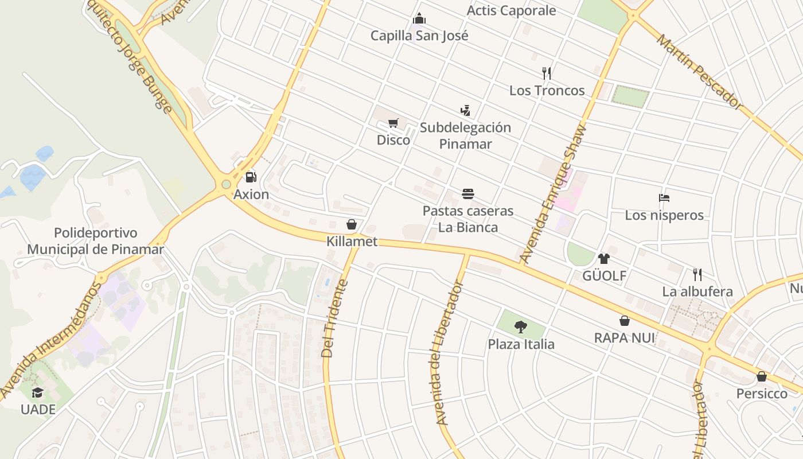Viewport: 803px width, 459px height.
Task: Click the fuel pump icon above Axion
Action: click(251, 177)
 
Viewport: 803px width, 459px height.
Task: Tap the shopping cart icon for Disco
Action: click(393, 123)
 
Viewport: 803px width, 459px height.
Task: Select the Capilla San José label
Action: click(419, 36)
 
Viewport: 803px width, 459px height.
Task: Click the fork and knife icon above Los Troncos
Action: click(547, 73)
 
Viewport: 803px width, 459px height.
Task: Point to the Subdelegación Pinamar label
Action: click(465, 135)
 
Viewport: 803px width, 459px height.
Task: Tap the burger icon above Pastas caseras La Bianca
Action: click(468, 194)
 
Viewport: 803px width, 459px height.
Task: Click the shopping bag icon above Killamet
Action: click(352, 224)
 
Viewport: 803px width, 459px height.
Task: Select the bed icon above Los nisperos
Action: click(664, 199)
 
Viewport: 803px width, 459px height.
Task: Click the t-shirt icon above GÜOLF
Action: click(604, 259)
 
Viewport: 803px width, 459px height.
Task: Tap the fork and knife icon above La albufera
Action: click(697, 275)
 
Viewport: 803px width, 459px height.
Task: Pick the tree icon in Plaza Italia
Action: click(521, 327)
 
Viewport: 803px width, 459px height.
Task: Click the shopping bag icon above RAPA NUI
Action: click(625, 321)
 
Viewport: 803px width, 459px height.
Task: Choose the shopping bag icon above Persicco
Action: click(762, 377)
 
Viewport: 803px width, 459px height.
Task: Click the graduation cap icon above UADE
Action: click(38, 392)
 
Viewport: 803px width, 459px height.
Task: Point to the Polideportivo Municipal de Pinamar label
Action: click(96, 241)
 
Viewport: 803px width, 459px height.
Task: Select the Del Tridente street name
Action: click(335, 318)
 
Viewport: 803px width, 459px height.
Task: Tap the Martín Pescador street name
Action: click(699, 72)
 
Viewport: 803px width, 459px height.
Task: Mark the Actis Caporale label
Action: click(511, 10)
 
